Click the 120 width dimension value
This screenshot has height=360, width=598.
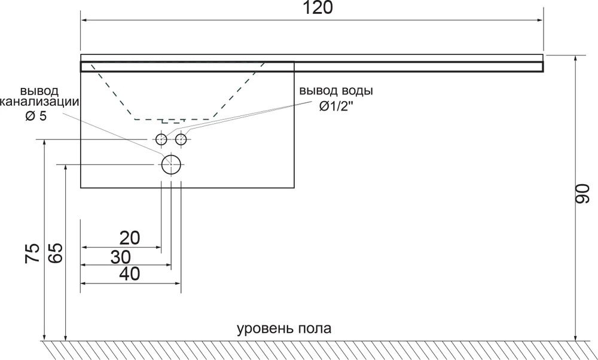[x=318, y=8]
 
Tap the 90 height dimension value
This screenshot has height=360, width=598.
[x=582, y=194]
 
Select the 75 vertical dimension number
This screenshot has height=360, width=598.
[x=32, y=253]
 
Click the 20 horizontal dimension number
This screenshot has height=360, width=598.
[x=130, y=238]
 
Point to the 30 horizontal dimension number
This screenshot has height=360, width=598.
[x=121, y=257]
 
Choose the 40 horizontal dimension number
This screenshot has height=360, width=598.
[x=130, y=274]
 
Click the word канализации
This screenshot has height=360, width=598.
[x=39, y=102]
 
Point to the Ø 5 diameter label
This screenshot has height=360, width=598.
[x=36, y=115]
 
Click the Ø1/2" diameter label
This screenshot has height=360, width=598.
[x=334, y=106]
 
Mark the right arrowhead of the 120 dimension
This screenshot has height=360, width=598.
[x=539, y=20]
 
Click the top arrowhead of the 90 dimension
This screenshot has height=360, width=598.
[x=576, y=59]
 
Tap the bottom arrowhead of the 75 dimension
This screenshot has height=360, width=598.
[x=45, y=337]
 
